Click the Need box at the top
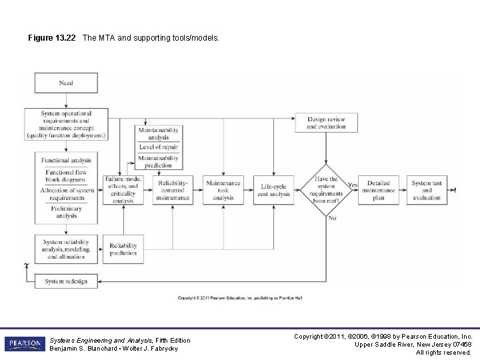click(x=66, y=83)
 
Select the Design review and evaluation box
click(x=326, y=123)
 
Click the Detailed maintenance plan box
click(x=378, y=190)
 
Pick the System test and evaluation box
click(x=427, y=190)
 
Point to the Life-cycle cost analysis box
click(x=275, y=190)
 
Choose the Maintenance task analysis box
click(x=223, y=190)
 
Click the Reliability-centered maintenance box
click(x=173, y=190)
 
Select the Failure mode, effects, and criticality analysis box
click(x=123, y=190)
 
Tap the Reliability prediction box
click(x=123, y=249)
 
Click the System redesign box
click(x=66, y=281)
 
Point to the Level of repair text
click(x=159, y=147)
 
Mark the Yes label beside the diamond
click(x=353, y=185)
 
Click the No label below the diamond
click(x=331, y=217)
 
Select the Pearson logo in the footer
click(x=25, y=343)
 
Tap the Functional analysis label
click(x=66, y=161)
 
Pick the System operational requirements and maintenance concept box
click(x=66, y=125)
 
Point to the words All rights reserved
click(x=444, y=352)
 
